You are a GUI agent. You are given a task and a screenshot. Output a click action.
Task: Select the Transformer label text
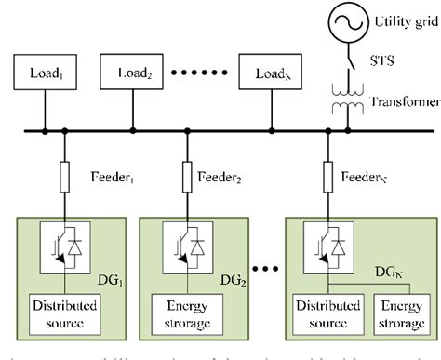coord(403,100)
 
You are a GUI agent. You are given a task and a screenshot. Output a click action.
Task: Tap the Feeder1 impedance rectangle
coord(65,177)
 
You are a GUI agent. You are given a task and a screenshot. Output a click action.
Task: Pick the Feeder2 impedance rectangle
coord(188,177)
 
